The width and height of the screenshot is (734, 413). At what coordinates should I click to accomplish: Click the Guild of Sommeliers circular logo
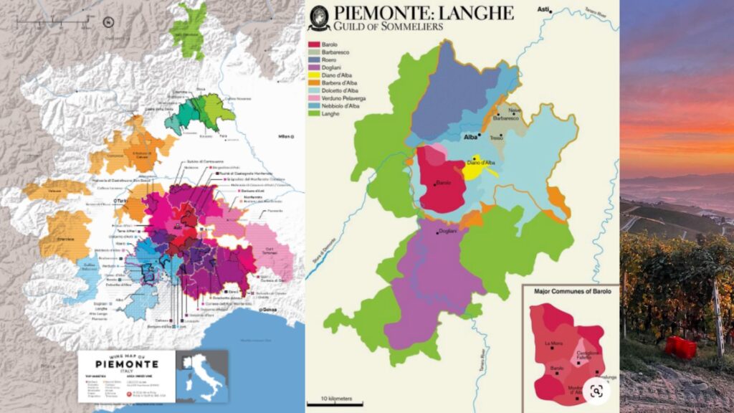[319, 18]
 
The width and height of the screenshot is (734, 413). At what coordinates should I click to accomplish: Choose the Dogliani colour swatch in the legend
[314, 70]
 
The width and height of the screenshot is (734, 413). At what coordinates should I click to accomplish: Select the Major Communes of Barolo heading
[568, 292]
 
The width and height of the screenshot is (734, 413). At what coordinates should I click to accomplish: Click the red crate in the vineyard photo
[680, 347]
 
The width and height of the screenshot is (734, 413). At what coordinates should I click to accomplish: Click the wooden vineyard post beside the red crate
[718, 315]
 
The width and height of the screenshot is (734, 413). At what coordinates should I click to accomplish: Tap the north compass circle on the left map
[108, 22]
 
